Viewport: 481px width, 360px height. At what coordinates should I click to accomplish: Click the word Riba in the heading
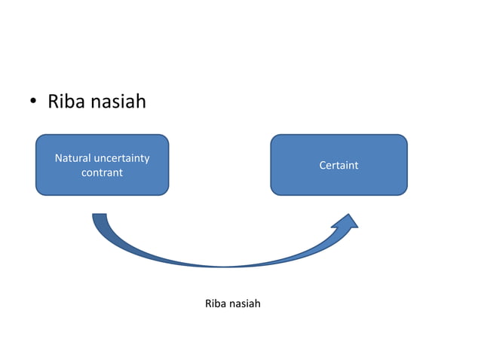[x=66, y=101]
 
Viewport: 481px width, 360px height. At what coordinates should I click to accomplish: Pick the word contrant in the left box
[x=102, y=172]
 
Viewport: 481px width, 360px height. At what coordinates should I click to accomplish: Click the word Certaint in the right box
[x=339, y=165]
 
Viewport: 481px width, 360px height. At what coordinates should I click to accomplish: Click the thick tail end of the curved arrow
[x=100, y=219]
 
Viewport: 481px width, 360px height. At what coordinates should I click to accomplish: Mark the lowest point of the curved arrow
[x=225, y=266]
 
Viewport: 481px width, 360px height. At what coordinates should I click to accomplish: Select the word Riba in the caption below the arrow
[x=215, y=304]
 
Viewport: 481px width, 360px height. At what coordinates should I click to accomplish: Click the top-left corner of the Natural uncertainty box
[x=38, y=137]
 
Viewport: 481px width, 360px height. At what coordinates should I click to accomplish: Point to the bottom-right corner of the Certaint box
[x=405, y=193]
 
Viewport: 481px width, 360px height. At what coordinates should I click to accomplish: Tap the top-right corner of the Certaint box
[x=405, y=137]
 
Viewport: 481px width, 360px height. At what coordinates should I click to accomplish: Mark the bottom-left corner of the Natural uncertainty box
[x=38, y=193]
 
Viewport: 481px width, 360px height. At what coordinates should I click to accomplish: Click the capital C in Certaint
[x=323, y=165]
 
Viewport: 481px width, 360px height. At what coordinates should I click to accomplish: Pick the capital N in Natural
[x=58, y=158]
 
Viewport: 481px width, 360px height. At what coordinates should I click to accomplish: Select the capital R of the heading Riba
[x=54, y=101]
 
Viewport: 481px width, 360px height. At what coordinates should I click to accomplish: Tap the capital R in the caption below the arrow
[x=208, y=304]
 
